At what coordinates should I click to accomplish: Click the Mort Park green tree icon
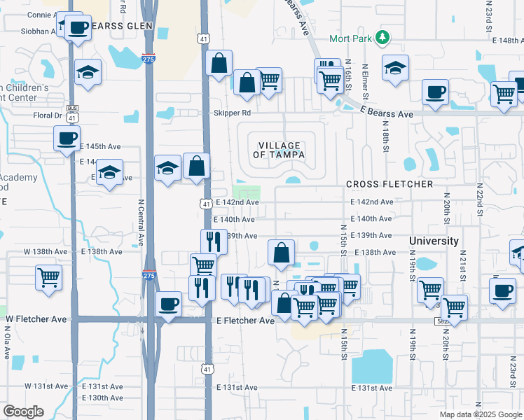click(382, 36)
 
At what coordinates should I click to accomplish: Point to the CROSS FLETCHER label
click(389, 184)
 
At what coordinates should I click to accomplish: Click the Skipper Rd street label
click(232, 113)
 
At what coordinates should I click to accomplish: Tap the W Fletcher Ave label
click(36, 319)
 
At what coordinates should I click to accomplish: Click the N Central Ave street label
click(141, 222)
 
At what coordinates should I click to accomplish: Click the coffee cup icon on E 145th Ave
click(67, 138)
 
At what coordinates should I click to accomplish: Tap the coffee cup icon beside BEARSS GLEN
click(78, 28)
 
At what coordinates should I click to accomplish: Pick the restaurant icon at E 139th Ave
click(214, 241)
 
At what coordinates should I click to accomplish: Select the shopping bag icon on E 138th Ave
click(281, 253)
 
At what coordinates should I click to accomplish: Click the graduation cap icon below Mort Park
click(395, 69)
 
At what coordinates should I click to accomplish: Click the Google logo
click(24, 412)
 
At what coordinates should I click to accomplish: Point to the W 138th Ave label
click(46, 251)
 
